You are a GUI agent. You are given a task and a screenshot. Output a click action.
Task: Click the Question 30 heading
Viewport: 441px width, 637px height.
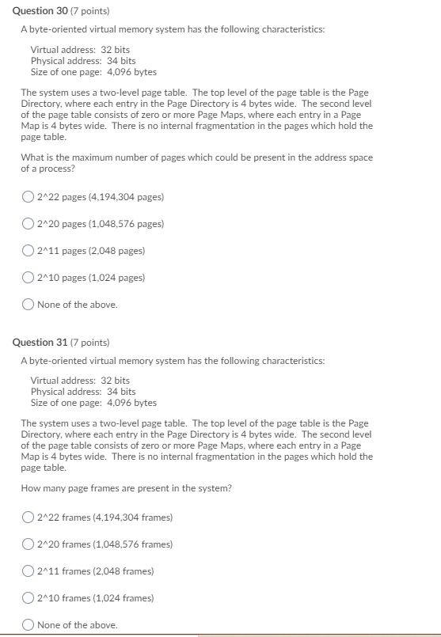pyautogui.click(x=37, y=11)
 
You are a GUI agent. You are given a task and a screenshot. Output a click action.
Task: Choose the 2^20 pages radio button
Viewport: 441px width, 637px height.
pyautogui.click(x=29, y=224)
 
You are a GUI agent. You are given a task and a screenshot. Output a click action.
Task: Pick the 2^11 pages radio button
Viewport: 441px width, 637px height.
pyautogui.click(x=29, y=251)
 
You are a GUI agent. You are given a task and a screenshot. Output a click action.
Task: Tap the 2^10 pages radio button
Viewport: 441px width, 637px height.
pyautogui.click(x=29, y=278)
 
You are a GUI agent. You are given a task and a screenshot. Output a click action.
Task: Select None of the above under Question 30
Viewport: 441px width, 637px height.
pyautogui.click(x=29, y=305)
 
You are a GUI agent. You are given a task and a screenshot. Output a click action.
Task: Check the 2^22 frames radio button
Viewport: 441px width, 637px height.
pyautogui.click(x=29, y=518)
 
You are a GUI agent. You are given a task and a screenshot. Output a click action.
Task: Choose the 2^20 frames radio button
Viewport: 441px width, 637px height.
pyautogui.click(x=29, y=544)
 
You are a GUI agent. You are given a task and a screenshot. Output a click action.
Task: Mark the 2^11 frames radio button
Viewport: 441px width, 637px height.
pyautogui.click(x=29, y=571)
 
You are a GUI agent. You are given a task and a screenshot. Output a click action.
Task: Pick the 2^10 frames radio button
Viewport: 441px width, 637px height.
pyautogui.click(x=29, y=598)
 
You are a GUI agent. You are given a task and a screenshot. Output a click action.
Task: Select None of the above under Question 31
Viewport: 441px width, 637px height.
pyautogui.click(x=29, y=625)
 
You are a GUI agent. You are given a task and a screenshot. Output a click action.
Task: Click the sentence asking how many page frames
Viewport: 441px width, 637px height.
pyautogui.click(x=127, y=488)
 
